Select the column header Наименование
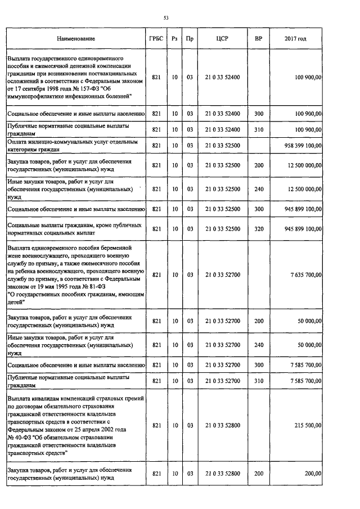pos(75,39)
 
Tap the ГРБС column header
pos(156,39)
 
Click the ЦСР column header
pos(222,39)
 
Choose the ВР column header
pos(258,39)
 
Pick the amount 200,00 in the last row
pos(313,474)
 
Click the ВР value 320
pos(258,229)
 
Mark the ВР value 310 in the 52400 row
pos(258,130)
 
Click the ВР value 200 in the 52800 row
pos(258,474)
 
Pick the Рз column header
pos(175,39)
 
